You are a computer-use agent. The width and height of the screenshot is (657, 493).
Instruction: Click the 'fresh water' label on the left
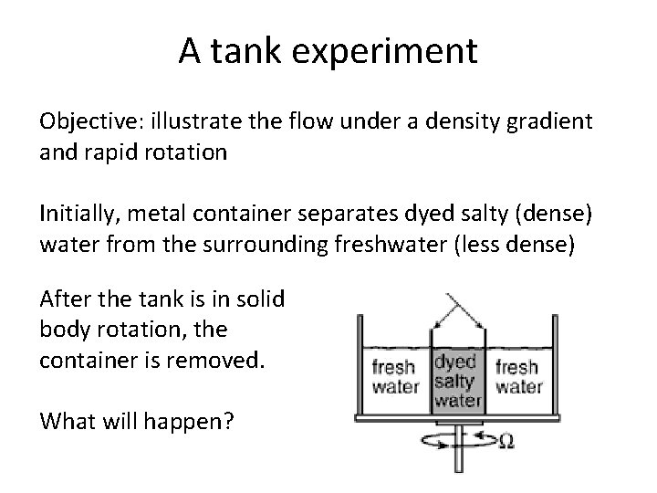(395, 376)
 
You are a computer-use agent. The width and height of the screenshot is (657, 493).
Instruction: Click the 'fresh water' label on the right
(518, 376)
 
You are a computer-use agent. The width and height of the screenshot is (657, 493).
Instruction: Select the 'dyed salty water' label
(457, 379)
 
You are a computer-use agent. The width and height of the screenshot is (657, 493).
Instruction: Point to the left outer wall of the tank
(359, 365)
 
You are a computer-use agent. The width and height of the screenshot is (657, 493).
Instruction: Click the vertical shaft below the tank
(458, 452)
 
